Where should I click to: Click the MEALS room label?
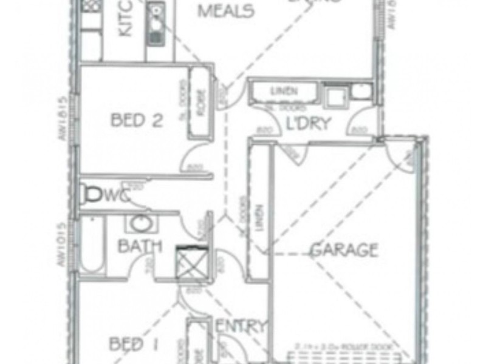[225, 10]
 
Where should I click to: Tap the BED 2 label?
[137, 120]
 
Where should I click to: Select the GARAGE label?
[344, 249]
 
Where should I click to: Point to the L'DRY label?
[309, 124]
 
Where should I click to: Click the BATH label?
[140, 246]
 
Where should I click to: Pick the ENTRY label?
[242, 326]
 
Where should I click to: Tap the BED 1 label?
[135, 345]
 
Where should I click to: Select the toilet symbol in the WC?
[94, 194]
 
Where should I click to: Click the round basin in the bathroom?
[141, 224]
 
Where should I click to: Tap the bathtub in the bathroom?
[92, 246]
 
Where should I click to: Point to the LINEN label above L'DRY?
[284, 91]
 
